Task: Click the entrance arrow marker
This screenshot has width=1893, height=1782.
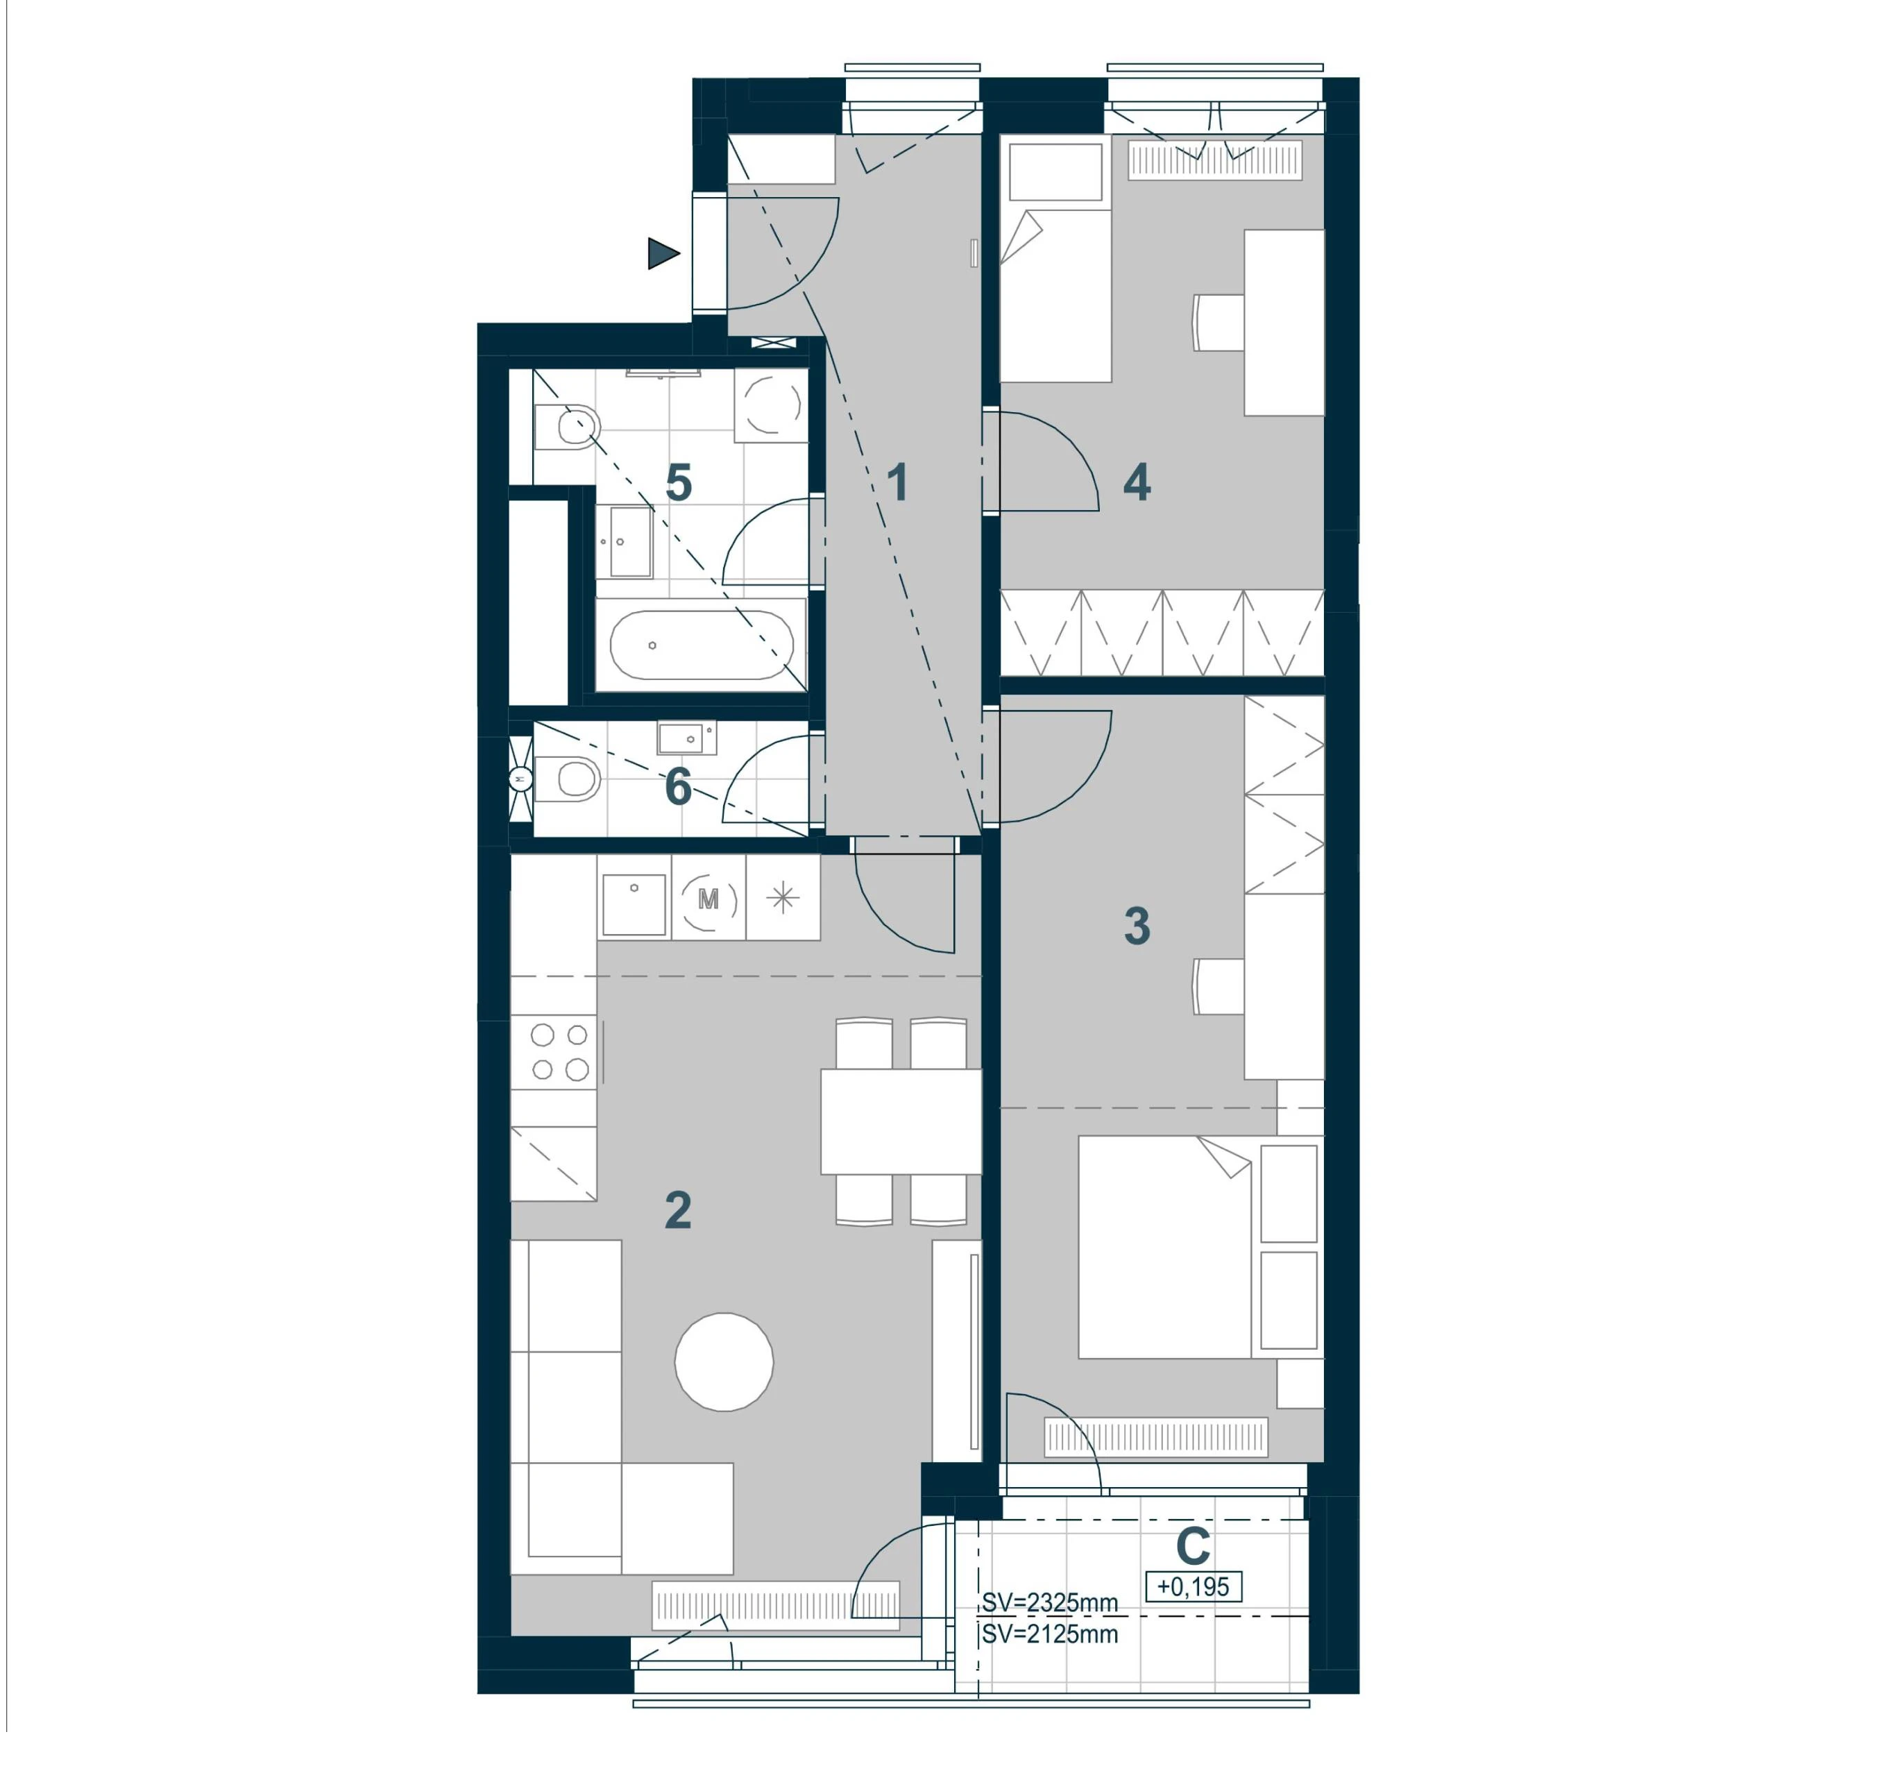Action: [663, 254]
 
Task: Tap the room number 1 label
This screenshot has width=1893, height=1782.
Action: [897, 483]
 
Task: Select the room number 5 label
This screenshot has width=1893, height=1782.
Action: [678, 483]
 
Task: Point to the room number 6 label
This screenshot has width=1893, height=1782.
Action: [678, 787]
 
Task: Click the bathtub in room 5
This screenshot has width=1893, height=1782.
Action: [701, 645]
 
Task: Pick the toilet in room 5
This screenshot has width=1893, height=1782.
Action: [568, 427]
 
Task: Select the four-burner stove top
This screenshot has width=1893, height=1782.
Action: [554, 1051]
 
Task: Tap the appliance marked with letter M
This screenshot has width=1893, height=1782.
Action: [708, 897]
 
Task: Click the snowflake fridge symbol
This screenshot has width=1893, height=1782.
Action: [783, 897]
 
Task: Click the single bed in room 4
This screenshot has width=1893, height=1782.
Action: [1055, 262]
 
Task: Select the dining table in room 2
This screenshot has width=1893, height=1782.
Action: [901, 1122]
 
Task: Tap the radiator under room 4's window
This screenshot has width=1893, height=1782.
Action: [1215, 160]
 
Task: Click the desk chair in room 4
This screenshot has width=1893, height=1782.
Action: [1219, 322]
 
